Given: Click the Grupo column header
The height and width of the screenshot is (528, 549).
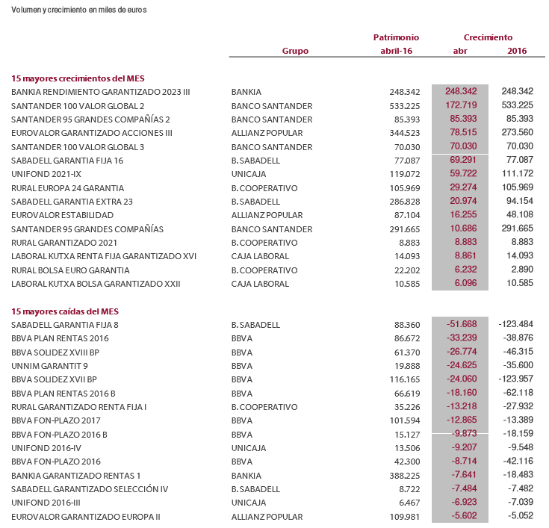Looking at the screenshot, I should pos(295,51).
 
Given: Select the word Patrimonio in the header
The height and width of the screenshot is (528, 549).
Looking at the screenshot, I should pos(396,37).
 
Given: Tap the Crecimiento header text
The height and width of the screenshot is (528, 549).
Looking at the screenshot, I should pos(488,37).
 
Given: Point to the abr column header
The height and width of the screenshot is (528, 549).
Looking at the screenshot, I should pos(460,51).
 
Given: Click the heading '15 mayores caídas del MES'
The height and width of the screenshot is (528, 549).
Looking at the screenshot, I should pos(65,311).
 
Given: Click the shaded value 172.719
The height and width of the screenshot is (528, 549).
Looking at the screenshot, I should pos(461,105).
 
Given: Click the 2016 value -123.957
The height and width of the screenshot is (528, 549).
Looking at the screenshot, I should pos(515,379).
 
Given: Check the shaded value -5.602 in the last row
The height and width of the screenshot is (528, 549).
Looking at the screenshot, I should pos(461,516).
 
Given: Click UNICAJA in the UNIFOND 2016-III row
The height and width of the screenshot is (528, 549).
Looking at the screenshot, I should pos(249,503).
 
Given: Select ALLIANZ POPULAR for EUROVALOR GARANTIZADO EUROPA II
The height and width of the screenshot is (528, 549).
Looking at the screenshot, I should pos(267,516).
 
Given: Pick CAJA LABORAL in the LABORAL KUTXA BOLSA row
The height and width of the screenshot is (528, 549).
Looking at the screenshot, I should pos(259,284).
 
